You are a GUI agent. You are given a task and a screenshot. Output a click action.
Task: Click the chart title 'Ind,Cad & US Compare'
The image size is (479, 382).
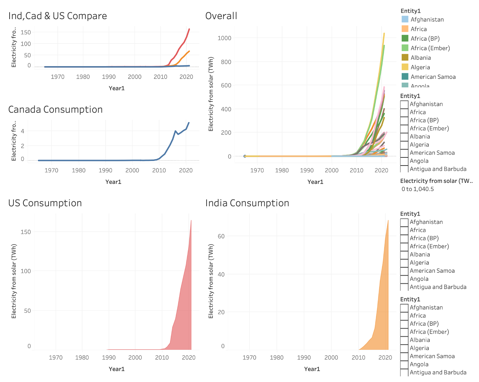pyautogui.click(x=57, y=16)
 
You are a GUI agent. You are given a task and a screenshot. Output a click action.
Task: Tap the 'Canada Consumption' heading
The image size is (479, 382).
pyautogui.click(x=55, y=110)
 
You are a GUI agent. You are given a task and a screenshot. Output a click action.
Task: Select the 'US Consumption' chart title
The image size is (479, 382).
pyautogui.click(x=45, y=203)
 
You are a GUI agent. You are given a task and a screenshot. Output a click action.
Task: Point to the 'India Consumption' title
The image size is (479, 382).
pyautogui.click(x=247, y=203)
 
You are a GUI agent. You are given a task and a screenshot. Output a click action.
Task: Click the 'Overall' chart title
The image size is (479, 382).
pyautogui.click(x=221, y=16)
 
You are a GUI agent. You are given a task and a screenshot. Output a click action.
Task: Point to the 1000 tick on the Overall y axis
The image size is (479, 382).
pyautogui.click(x=224, y=38)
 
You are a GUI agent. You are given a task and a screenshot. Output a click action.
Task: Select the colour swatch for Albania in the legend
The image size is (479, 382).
pyautogui.click(x=405, y=58)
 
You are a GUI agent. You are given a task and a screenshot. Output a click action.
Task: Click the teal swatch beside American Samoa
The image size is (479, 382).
pyautogui.click(x=405, y=77)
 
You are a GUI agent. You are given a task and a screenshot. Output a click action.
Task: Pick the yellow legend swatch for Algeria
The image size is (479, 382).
pyautogui.click(x=405, y=67)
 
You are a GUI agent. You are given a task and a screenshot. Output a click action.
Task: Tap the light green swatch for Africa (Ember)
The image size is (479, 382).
pyautogui.click(x=405, y=48)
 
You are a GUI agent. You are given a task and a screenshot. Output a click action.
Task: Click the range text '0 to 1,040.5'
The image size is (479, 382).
pyautogui.click(x=418, y=189)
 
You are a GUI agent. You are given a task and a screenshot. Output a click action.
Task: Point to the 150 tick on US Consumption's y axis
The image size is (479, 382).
pyautogui.click(x=26, y=232)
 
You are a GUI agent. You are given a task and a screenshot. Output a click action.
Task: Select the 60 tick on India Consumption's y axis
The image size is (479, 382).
pyautogui.click(x=221, y=236)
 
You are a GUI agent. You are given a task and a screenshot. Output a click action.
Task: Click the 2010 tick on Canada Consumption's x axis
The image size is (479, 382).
pyautogui.click(x=159, y=170)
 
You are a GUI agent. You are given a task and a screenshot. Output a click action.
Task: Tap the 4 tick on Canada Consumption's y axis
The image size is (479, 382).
pyautogui.click(x=23, y=131)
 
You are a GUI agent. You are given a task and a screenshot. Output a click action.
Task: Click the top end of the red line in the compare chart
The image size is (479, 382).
pyautogui.click(x=189, y=29)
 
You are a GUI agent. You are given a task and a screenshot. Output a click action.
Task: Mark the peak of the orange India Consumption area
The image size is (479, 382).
pyautogui.click(x=388, y=221)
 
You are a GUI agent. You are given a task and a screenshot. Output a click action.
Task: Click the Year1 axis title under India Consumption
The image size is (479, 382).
pyautogui.click(x=312, y=369)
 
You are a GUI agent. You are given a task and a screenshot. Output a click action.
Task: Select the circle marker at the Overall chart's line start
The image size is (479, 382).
pyautogui.click(x=245, y=156)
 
